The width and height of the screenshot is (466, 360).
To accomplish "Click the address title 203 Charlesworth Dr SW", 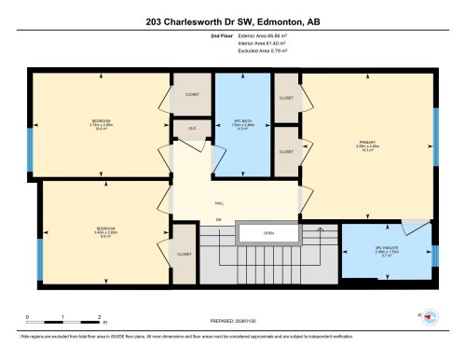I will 232,20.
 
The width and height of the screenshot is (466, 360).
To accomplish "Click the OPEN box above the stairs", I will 267,233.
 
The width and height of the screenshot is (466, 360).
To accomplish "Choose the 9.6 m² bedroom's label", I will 104,232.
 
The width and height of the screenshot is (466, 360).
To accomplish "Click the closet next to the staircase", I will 185,253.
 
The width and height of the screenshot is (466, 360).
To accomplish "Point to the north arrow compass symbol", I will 432,317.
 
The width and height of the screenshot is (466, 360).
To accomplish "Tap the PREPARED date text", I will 232,323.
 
